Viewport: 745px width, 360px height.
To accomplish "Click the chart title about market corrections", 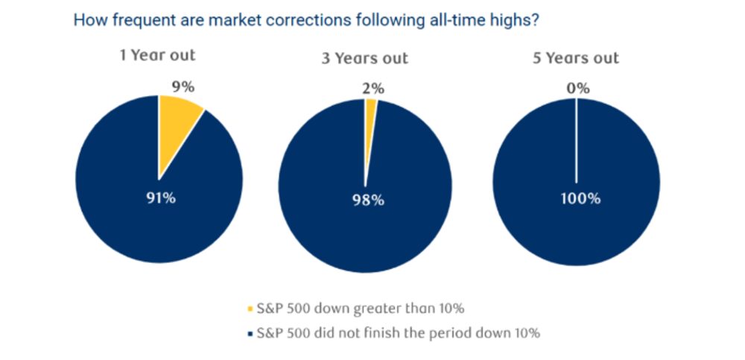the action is click(306, 20).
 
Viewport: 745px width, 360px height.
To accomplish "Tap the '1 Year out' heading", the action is click(157, 55).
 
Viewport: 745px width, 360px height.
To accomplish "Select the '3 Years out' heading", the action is click(364, 58).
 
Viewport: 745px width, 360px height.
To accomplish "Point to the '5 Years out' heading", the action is click(576, 58).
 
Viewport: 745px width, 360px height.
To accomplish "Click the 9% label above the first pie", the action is click(183, 87).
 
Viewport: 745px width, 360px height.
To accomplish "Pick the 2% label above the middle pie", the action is click(372, 89).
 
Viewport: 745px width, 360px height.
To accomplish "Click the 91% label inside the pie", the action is click(161, 198).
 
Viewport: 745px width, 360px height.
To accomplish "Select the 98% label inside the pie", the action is click(368, 200).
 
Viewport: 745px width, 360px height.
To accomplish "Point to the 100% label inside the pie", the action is click(580, 198).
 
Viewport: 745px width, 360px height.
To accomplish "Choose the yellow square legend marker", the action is click(250, 309).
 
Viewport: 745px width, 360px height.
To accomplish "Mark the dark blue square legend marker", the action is click(250, 334).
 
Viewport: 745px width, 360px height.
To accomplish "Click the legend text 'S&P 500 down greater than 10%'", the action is click(360, 309).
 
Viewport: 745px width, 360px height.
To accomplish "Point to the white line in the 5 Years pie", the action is click(577, 141).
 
